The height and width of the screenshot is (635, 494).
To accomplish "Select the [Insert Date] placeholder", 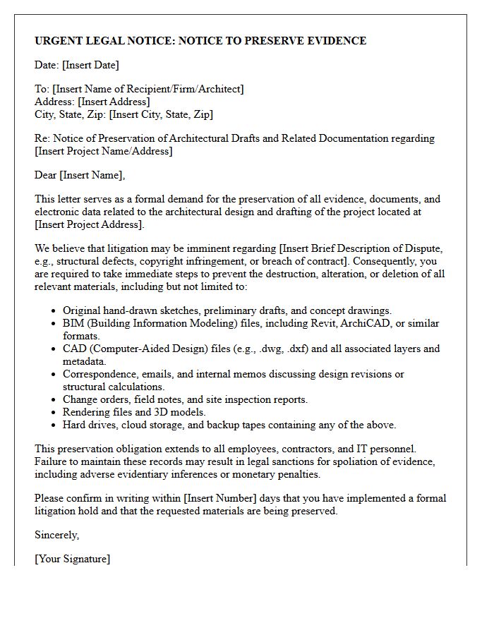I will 90,65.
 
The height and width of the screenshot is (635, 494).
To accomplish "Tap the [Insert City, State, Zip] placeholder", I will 161,114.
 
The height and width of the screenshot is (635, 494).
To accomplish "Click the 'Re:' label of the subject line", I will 42,138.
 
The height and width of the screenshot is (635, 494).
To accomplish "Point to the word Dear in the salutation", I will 46,175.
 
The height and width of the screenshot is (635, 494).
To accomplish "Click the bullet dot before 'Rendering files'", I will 54,413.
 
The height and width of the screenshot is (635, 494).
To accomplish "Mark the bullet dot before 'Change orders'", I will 54,400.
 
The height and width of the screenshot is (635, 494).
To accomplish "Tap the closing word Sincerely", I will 57,535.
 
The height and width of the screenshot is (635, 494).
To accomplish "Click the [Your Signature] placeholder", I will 73,559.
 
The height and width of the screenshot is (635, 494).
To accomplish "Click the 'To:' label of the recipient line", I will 42,89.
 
